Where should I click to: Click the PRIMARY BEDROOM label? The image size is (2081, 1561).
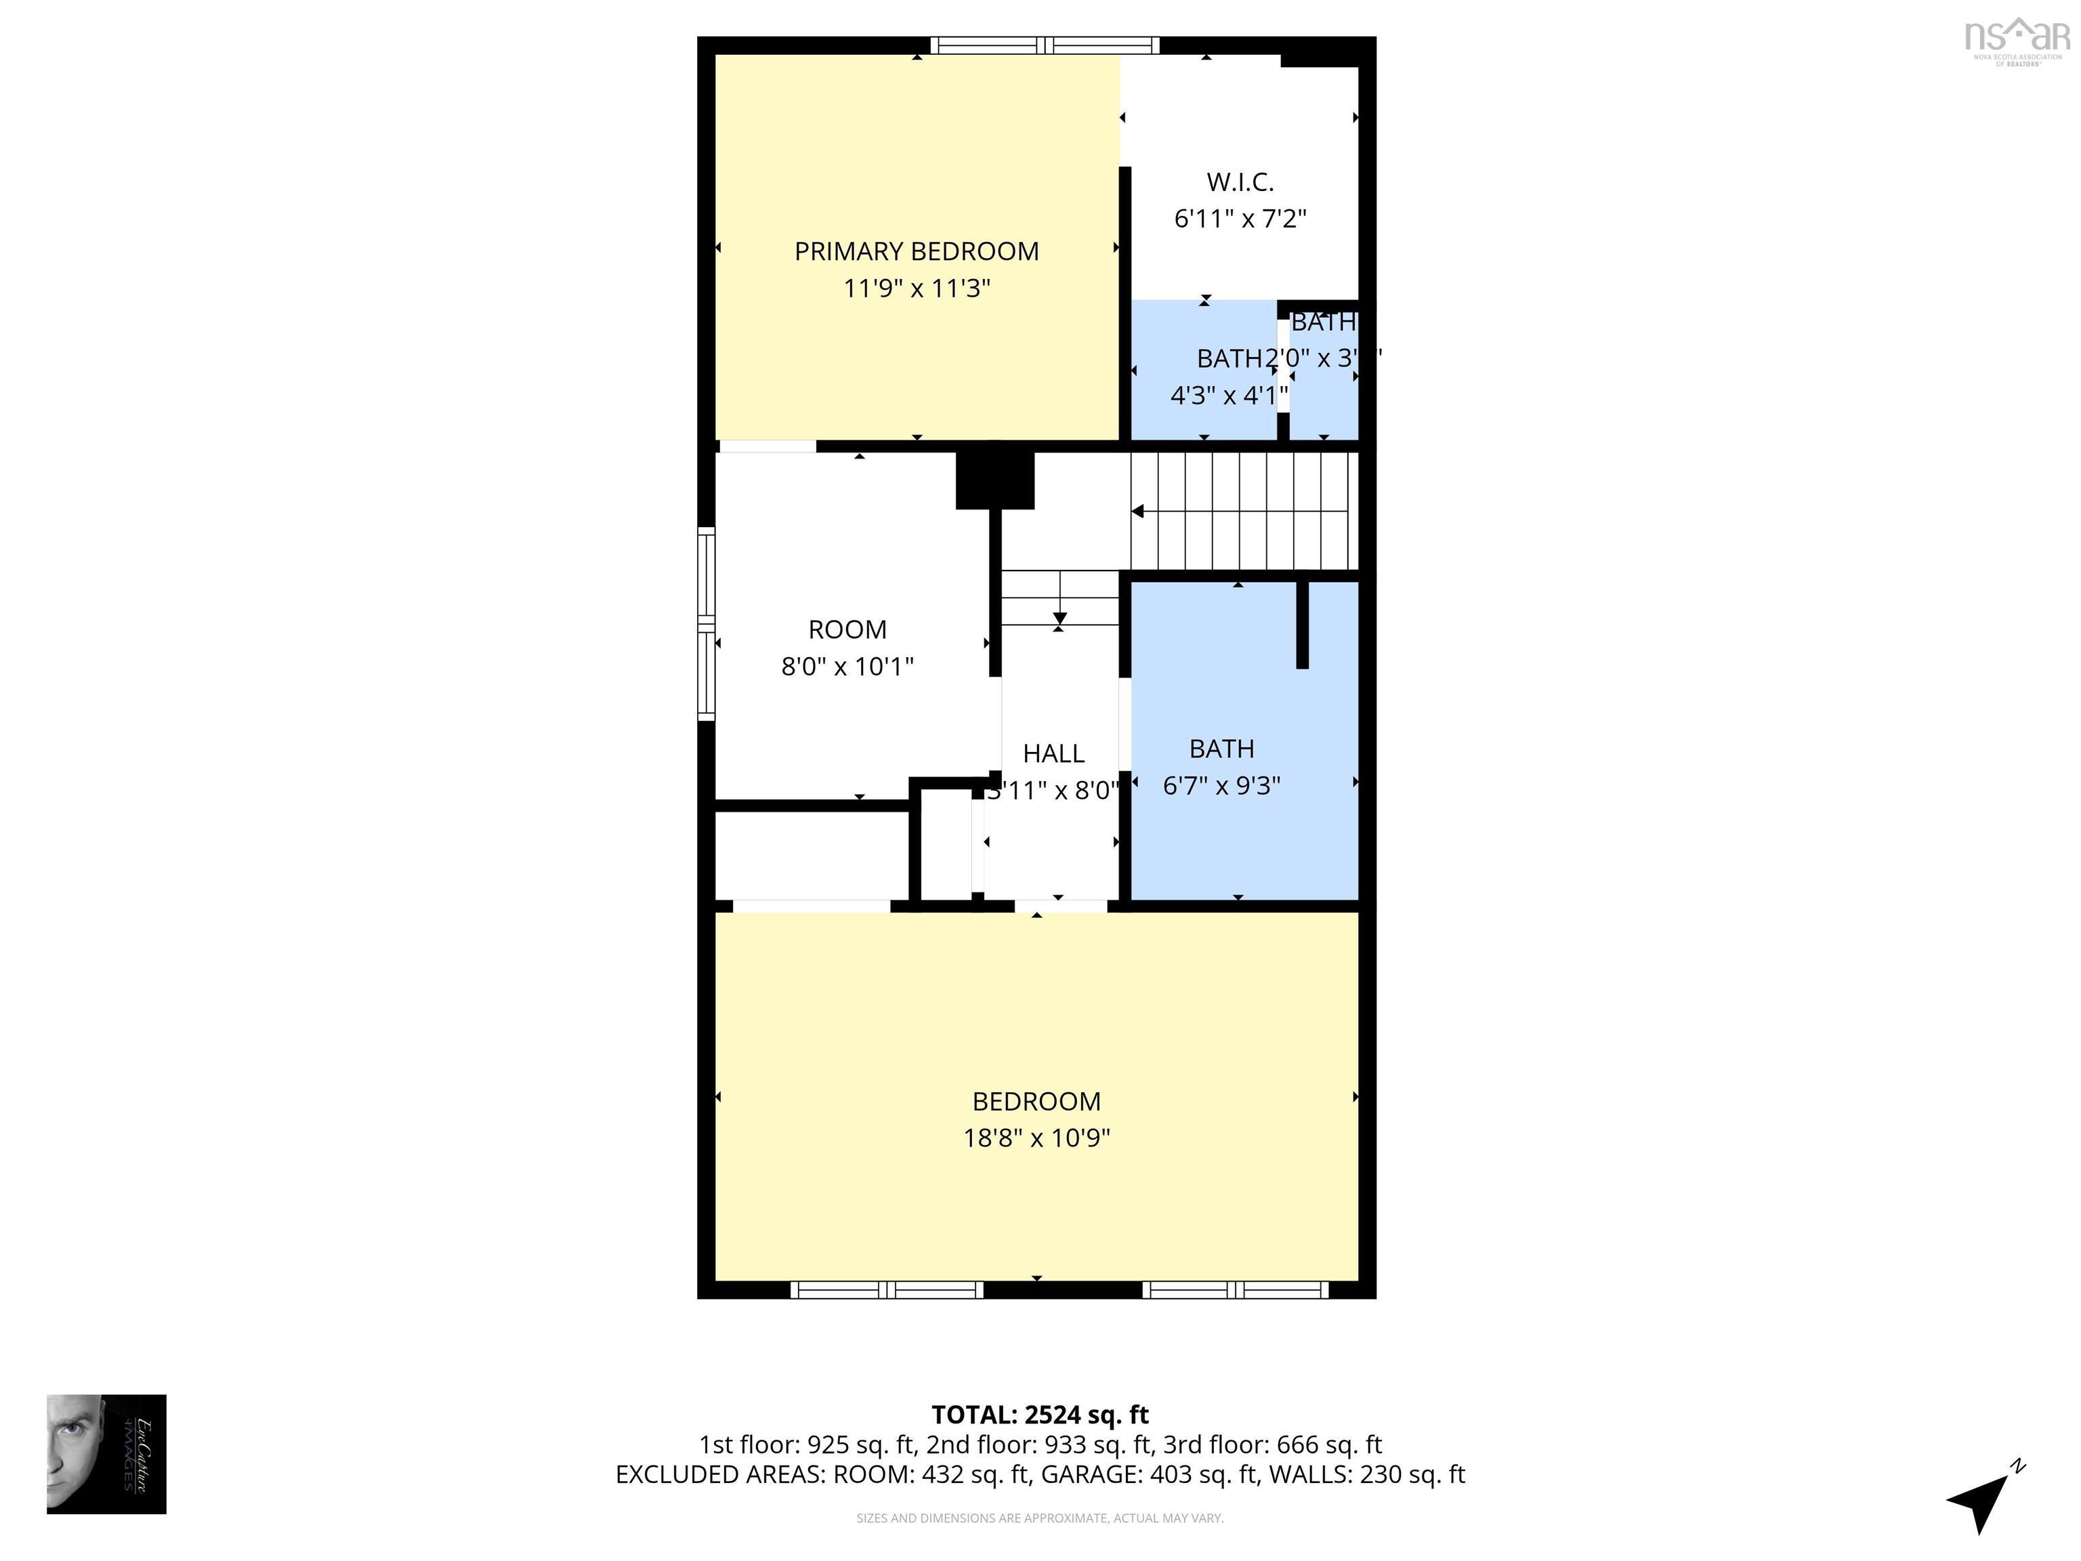pyautogui.click(x=917, y=251)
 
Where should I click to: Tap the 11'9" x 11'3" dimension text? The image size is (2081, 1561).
pyautogui.click(x=917, y=288)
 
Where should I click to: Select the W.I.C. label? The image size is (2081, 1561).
pyautogui.click(x=1240, y=182)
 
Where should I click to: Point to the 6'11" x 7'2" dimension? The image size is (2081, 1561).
pyautogui.click(x=1240, y=218)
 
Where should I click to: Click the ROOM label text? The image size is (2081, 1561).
pyautogui.click(x=847, y=629)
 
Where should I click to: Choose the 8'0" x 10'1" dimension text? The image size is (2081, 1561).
pyautogui.click(x=847, y=666)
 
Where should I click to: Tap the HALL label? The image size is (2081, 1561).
pyautogui.click(x=1053, y=753)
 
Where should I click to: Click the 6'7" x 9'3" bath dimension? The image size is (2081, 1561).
pyautogui.click(x=1221, y=786)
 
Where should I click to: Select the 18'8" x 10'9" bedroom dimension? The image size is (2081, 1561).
pyautogui.click(x=1036, y=1138)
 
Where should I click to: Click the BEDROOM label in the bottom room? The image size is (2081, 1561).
pyautogui.click(x=1036, y=1101)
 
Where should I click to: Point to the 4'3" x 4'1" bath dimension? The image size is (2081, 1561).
pyautogui.click(x=1227, y=395)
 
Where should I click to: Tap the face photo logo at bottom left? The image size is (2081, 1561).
pyautogui.click(x=106, y=1454)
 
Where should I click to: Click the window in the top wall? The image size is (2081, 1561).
pyautogui.click(x=1045, y=45)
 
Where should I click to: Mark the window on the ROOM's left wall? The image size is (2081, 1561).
pyautogui.click(x=706, y=624)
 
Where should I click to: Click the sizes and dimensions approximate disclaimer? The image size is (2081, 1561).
pyautogui.click(x=1040, y=1518)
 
